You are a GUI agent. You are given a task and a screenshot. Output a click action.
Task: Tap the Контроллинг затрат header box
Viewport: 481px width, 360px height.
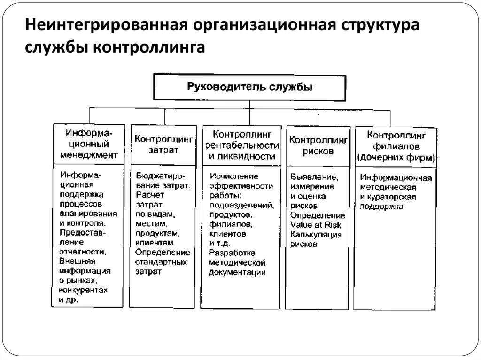tap(163, 145)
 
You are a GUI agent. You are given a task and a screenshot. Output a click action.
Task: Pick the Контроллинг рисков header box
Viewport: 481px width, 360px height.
tap(318, 145)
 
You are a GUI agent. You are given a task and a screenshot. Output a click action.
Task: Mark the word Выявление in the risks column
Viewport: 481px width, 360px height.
tap(314, 177)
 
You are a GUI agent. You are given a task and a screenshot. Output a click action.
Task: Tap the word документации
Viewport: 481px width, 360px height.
tap(238, 272)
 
